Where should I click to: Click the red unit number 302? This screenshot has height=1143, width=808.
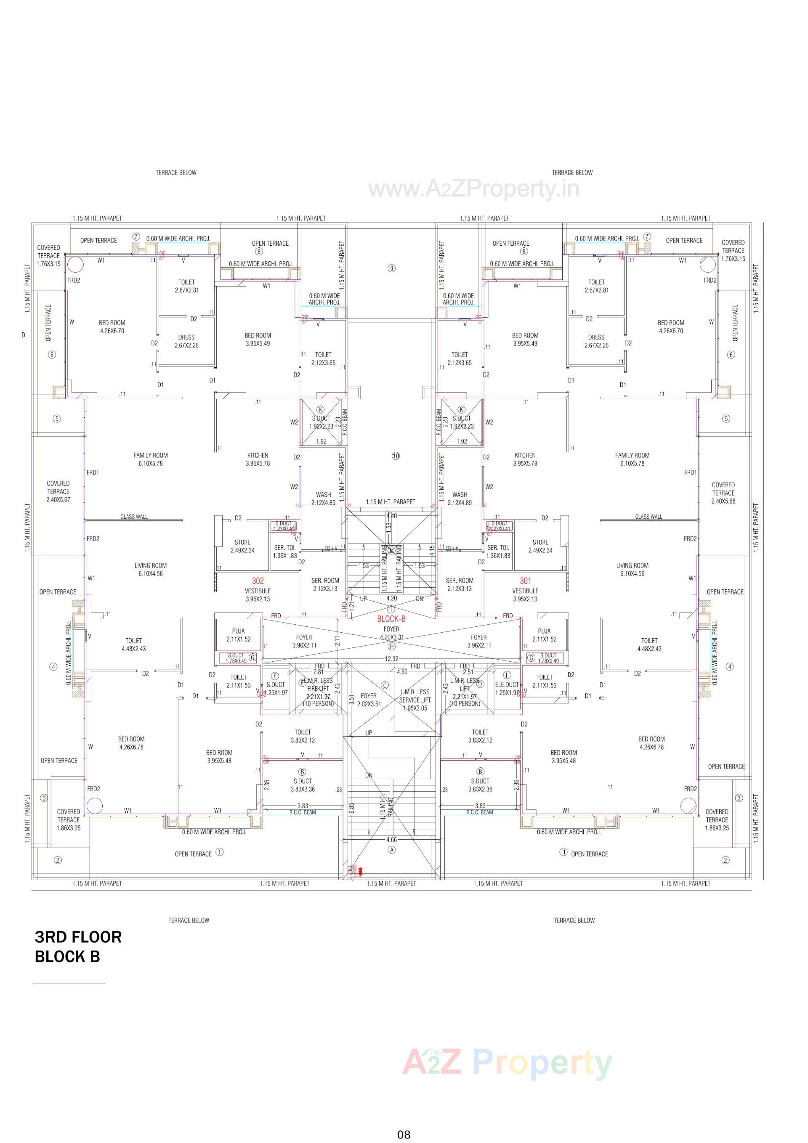pyautogui.click(x=258, y=581)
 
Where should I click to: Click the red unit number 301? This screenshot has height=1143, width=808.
pyautogui.click(x=525, y=581)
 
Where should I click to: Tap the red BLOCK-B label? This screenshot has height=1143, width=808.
pyautogui.click(x=391, y=619)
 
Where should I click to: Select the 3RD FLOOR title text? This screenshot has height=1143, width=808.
pyautogui.click(x=78, y=937)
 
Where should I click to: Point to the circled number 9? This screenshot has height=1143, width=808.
pyautogui.click(x=391, y=268)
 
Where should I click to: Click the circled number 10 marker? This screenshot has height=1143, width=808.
pyautogui.click(x=396, y=456)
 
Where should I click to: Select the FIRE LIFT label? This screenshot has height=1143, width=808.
pyautogui.click(x=318, y=689)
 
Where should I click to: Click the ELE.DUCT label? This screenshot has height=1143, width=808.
pyautogui.click(x=507, y=684)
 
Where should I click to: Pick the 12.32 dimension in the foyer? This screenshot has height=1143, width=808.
pyautogui.click(x=391, y=659)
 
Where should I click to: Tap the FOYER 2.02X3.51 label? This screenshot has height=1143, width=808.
pyautogui.click(x=369, y=700)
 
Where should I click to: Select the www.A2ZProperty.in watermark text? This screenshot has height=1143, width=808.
pyautogui.click(x=473, y=189)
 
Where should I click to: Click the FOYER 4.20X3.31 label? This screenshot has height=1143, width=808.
pyautogui.click(x=391, y=633)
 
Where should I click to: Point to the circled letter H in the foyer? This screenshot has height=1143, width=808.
pyautogui.click(x=391, y=646)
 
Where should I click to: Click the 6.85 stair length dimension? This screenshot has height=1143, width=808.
pyautogui.click(x=352, y=807)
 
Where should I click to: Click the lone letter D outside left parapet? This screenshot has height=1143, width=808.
pyautogui.click(x=23, y=335)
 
